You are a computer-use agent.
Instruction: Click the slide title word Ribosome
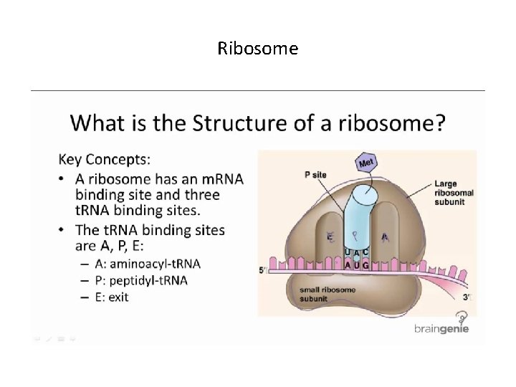click(258, 49)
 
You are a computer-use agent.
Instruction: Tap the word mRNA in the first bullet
click(215, 178)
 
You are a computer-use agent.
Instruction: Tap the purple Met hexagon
click(367, 162)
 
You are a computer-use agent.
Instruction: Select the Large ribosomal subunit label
click(449, 193)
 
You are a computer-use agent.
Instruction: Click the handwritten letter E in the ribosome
click(330, 236)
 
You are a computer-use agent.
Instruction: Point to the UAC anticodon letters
click(357, 252)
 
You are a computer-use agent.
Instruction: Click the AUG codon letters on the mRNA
click(357, 265)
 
